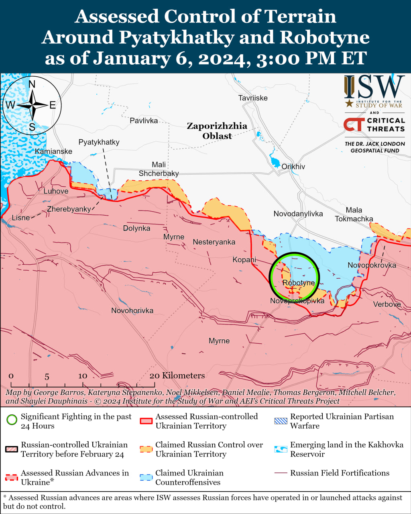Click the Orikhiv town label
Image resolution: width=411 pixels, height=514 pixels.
click(x=293, y=167)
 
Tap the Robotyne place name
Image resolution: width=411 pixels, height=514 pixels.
click(x=298, y=283)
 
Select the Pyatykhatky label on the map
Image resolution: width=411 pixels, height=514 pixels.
click(x=99, y=142)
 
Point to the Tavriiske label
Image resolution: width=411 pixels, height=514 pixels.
click(x=252, y=98)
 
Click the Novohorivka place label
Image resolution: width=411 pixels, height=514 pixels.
click(x=132, y=310)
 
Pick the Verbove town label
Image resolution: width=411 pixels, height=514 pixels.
click(x=387, y=304)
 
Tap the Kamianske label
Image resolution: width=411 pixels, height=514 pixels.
click(x=53, y=151)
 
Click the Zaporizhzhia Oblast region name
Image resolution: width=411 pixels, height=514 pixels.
click(x=217, y=131)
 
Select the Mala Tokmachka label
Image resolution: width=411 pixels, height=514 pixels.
click(x=354, y=214)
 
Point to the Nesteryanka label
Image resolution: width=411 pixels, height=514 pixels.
click(x=214, y=242)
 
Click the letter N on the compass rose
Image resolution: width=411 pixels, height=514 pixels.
click(x=32, y=84)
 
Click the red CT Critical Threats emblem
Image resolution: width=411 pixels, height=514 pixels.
click(x=354, y=124)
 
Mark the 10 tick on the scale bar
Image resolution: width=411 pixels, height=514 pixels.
click(x=83, y=376)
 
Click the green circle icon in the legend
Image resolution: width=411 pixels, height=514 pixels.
click(x=12, y=420)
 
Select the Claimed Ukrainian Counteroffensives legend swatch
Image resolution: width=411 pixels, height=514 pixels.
click(x=146, y=477)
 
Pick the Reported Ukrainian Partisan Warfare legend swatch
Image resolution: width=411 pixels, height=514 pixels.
click(x=281, y=421)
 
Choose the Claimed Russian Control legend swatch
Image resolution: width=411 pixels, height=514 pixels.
click(x=146, y=449)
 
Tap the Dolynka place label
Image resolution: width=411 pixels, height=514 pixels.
click(x=136, y=228)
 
